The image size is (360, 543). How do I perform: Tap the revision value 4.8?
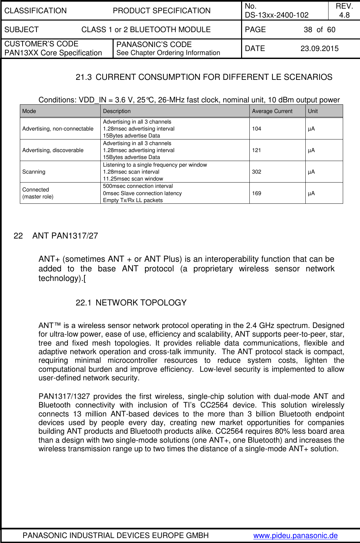(x=344, y=15)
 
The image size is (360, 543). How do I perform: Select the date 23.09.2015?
(x=319, y=49)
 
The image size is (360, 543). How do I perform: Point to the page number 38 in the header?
(x=308, y=30)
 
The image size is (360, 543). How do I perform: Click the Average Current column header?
(x=272, y=111)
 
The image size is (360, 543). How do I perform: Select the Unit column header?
(x=313, y=111)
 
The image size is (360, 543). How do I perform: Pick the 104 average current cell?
(x=256, y=129)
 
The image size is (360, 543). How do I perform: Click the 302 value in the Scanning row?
(x=256, y=172)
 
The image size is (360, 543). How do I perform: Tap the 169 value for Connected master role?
(x=256, y=193)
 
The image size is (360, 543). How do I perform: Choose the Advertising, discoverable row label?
(x=53, y=150)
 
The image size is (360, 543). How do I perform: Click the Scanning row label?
(x=34, y=172)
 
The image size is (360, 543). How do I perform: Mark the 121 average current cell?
(x=256, y=150)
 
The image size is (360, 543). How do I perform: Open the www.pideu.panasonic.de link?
(x=295, y=535)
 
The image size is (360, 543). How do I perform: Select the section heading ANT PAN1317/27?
(x=65, y=236)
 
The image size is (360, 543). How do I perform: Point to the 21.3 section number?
(x=83, y=77)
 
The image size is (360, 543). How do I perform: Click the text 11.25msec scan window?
(x=133, y=179)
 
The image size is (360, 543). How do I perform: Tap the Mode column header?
(x=29, y=111)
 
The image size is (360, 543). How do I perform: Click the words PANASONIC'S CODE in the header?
(x=154, y=44)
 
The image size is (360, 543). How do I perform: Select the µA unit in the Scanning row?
(x=311, y=172)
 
